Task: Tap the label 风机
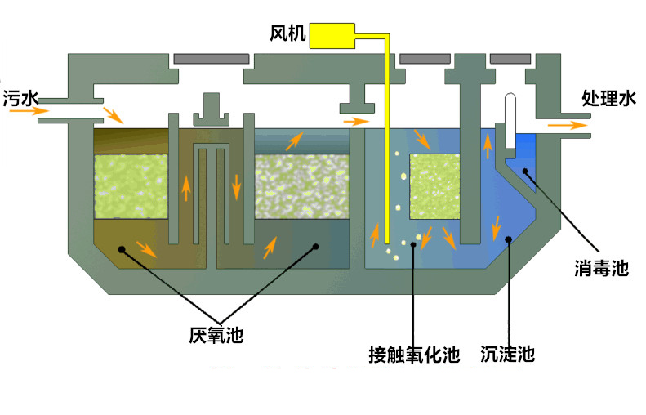tap(287, 34)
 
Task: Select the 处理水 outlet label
tap(608, 99)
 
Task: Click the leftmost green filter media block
tap(131, 187)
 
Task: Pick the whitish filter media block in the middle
tap(301, 187)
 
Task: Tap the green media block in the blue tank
tap(432, 187)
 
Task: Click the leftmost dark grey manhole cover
tap(212, 59)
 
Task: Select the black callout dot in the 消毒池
tap(525, 171)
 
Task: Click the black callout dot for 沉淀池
tap(509, 240)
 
